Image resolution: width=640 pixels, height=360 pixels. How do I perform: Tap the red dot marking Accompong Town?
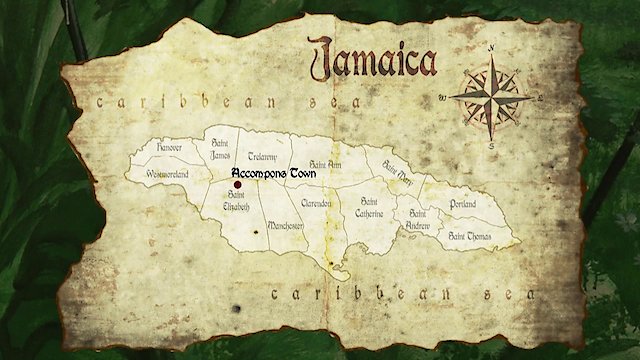(238, 184)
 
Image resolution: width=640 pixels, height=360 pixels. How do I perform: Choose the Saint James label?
(222, 149)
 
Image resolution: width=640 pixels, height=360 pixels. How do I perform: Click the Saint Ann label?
(325, 162)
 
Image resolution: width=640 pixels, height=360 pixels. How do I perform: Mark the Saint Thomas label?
(468, 235)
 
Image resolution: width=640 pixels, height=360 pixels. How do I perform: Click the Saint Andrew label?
(417, 219)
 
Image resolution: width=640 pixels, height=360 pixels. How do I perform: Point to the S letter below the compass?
(491, 145)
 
